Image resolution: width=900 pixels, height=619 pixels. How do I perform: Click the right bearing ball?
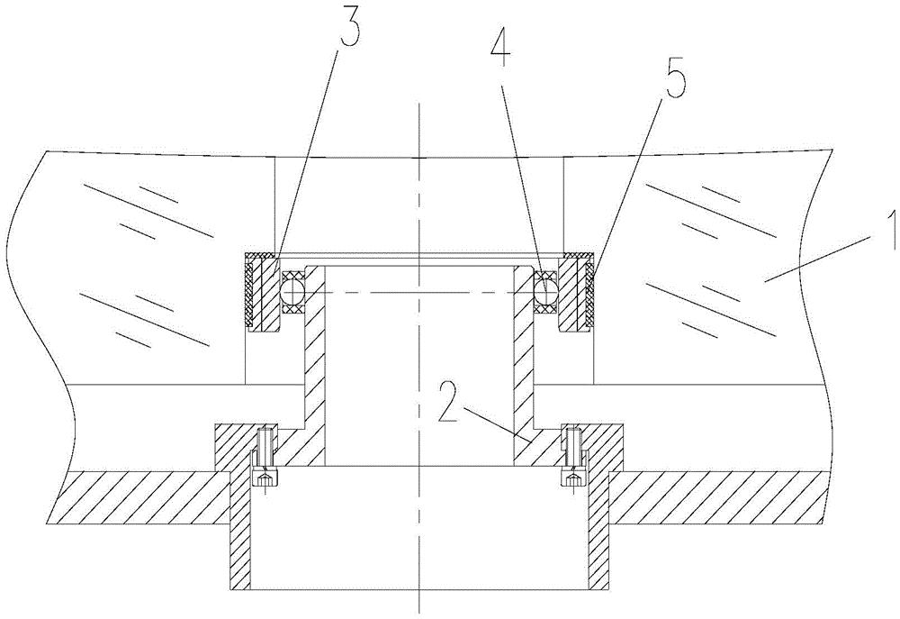[545, 292]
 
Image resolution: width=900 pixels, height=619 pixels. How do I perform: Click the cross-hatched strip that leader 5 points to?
[590, 293]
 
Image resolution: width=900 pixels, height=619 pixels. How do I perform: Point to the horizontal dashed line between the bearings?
[419, 293]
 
